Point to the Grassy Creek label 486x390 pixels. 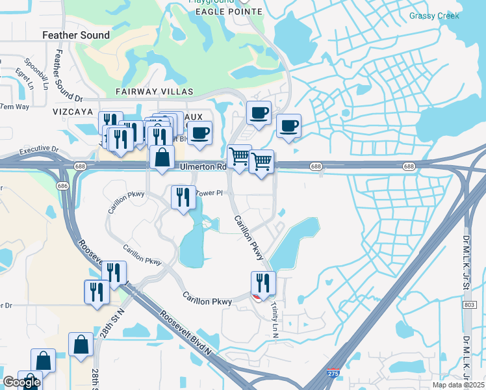point(434,16)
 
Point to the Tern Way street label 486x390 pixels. point(14,107)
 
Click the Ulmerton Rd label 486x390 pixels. point(202,167)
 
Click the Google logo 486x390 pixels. point(21,382)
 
